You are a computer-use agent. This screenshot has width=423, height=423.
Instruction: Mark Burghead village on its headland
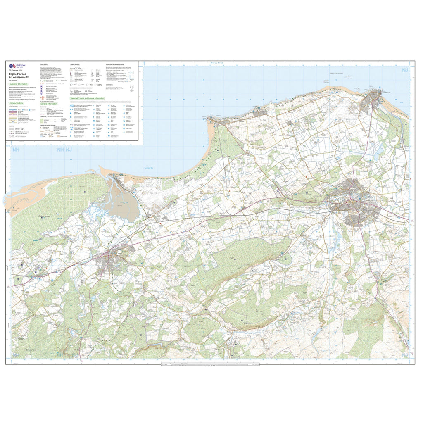point(212,119)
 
